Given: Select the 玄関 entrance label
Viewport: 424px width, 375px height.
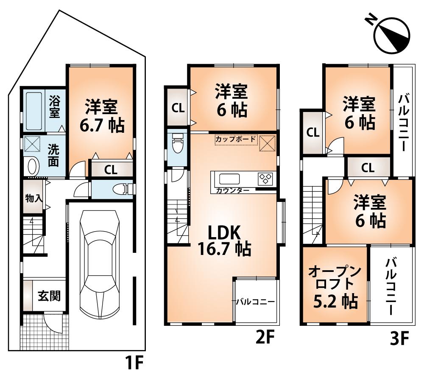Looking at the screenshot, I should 49,296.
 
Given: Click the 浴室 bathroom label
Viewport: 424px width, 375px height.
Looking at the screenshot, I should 54,108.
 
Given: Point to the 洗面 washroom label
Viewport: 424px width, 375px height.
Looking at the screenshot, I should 53,156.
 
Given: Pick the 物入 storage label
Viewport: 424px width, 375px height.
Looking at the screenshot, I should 33,198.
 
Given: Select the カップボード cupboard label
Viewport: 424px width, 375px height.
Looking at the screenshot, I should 235,139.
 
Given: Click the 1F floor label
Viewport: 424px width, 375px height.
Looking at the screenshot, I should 134,363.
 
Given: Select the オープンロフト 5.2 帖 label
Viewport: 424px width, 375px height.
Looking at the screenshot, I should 335,286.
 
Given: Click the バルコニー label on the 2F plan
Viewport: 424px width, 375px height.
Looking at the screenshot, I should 255,302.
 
